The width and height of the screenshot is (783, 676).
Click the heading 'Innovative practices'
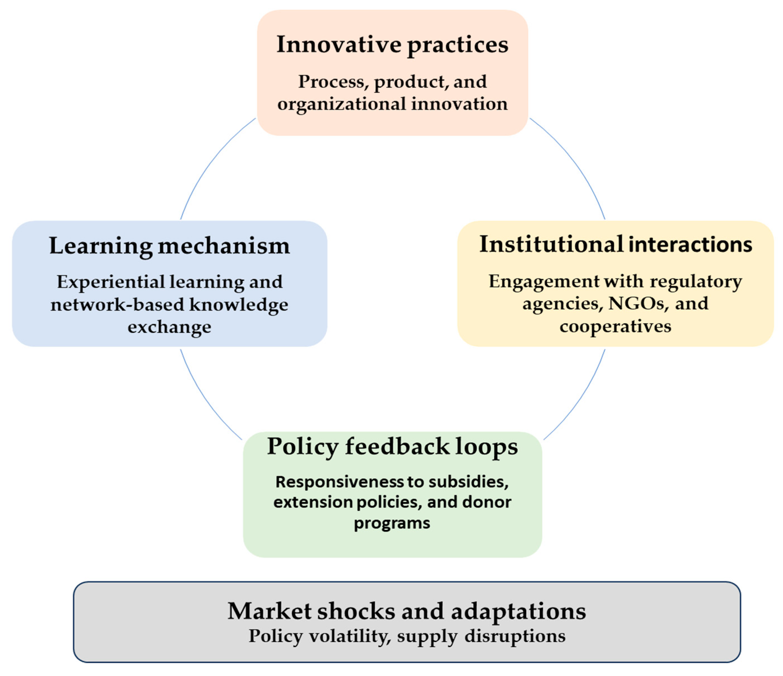392,45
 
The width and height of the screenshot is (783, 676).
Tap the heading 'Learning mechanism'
169,246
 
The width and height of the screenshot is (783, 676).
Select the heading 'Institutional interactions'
616,244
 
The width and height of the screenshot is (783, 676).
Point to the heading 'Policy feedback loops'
392,447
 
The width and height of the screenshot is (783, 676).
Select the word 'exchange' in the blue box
169,327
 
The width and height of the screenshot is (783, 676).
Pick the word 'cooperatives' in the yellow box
615,326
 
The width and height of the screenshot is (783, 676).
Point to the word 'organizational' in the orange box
341,104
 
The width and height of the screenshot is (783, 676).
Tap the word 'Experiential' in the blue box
111,282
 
